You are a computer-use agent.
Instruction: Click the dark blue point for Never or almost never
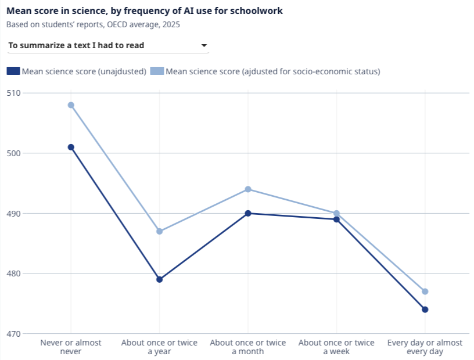71,147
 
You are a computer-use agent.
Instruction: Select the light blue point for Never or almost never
71,105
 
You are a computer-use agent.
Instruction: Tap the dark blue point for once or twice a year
159,280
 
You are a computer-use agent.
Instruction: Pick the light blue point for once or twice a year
159,231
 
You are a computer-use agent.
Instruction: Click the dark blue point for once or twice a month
248,214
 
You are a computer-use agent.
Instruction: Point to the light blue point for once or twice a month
248,189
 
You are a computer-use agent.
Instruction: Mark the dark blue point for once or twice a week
336,219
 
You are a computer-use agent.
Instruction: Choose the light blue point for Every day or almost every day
425,291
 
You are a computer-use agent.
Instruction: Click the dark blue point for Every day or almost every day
425,309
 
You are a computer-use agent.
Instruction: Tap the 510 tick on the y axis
13,93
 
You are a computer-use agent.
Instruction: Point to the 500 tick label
13,153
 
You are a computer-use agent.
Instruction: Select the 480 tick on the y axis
13,273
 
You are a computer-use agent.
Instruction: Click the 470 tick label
13,334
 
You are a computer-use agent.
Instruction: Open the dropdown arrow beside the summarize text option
204,45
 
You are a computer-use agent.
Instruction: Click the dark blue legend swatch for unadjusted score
13,71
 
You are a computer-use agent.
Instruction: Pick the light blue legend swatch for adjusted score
157,71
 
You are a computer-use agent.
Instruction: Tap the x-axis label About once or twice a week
336,347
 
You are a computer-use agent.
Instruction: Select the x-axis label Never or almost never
71,347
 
